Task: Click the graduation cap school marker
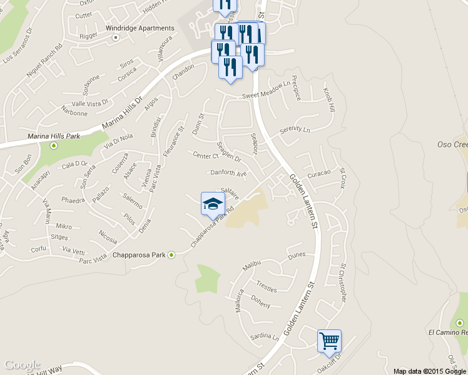click(x=213, y=203)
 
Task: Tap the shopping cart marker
click(x=329, y=341)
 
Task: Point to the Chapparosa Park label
click(x=139, y=255)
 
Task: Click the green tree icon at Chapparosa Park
click(x=171, y=255)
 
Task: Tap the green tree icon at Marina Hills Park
click(x=54, y=146)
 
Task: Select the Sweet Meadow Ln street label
click(x=267, y=94)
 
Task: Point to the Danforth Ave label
click(x=228, y=173)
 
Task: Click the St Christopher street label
click(x=342, y=283)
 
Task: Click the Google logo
click(x=23, y=365)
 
